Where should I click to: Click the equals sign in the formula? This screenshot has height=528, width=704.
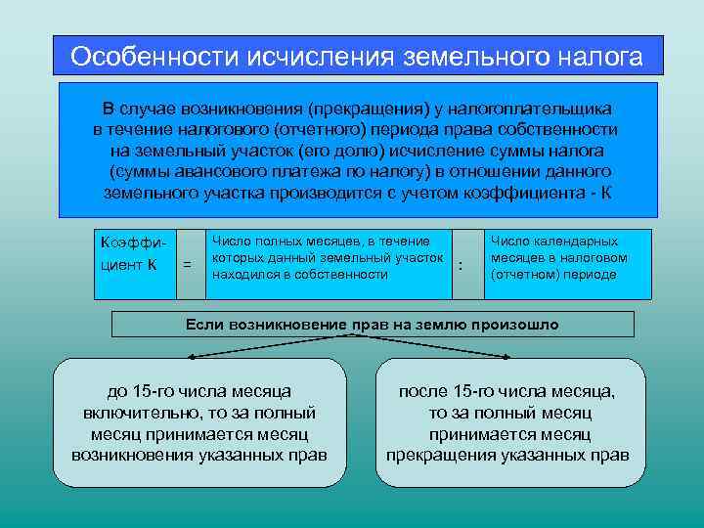[187, 264]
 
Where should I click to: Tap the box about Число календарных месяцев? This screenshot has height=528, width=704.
[567, 263]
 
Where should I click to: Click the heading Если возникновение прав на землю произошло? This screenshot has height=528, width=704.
[373, 324]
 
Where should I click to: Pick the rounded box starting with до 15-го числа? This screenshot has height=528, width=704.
[199, 422]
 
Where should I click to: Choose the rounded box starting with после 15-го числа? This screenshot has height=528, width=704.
[508, 422]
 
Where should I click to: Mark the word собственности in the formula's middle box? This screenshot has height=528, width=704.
[342, 275]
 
